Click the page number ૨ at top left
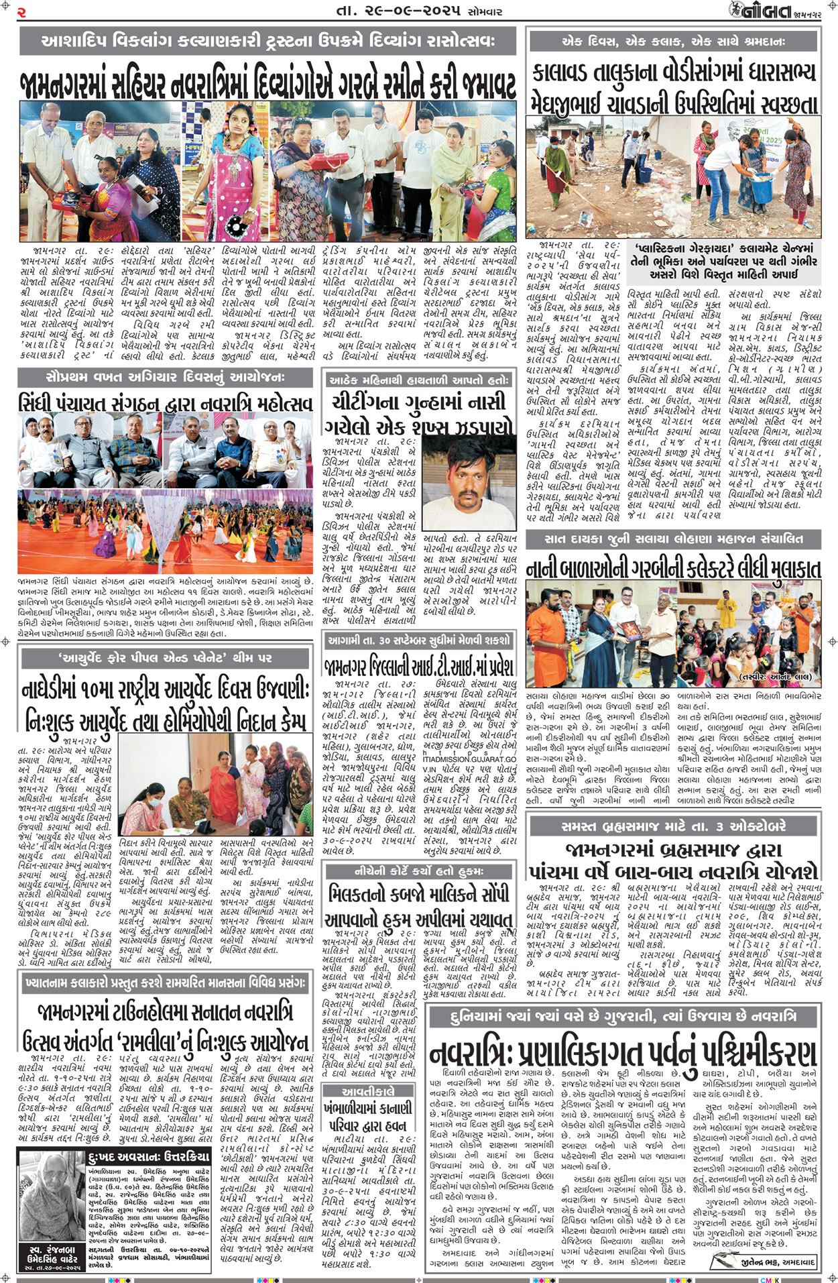[x=22, y=12]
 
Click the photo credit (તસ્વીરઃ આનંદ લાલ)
[x=777, y=677]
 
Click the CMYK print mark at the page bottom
[x=769, y=1279]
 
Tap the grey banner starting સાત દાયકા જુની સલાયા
[x=673, y=538]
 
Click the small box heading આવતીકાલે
[x=368, y=1091]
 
